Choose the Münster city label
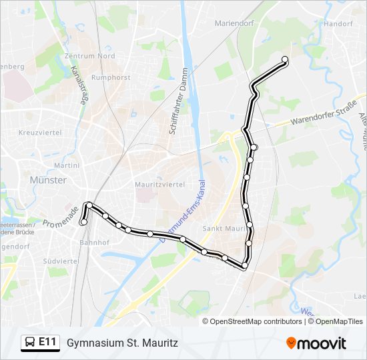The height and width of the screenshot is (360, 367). click(x=48, y=180)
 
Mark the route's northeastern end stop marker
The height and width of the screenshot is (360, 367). click(x=285, y=59)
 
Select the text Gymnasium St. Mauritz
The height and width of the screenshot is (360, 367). click(x=122, y=343)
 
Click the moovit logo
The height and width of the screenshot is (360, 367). click(x=316, y=343)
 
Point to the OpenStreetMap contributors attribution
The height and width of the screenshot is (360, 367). click(x=256, y=321)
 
